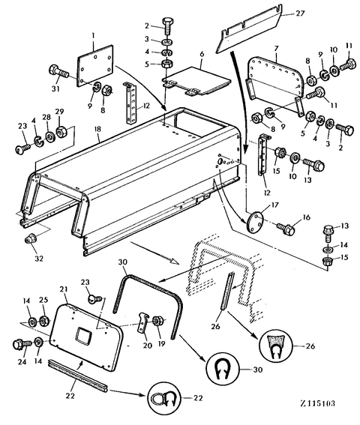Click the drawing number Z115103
pyautogui.click(x=317, y=403)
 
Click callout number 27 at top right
pyautogui.click(x=300, y=13)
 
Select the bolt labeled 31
pyautogui.click(x=58, y=71)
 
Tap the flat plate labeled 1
pyautogui.click(x=95, y=66)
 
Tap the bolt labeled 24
pyautogui.click(x=22, y=345)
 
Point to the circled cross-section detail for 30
pyautogui.click(x=223, y=370)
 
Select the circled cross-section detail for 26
pyautogui.click(x=276, y=346)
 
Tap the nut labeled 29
pyautogui.click(x=61, y=131)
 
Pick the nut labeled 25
pyautogui.click(x=44, y=322)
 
